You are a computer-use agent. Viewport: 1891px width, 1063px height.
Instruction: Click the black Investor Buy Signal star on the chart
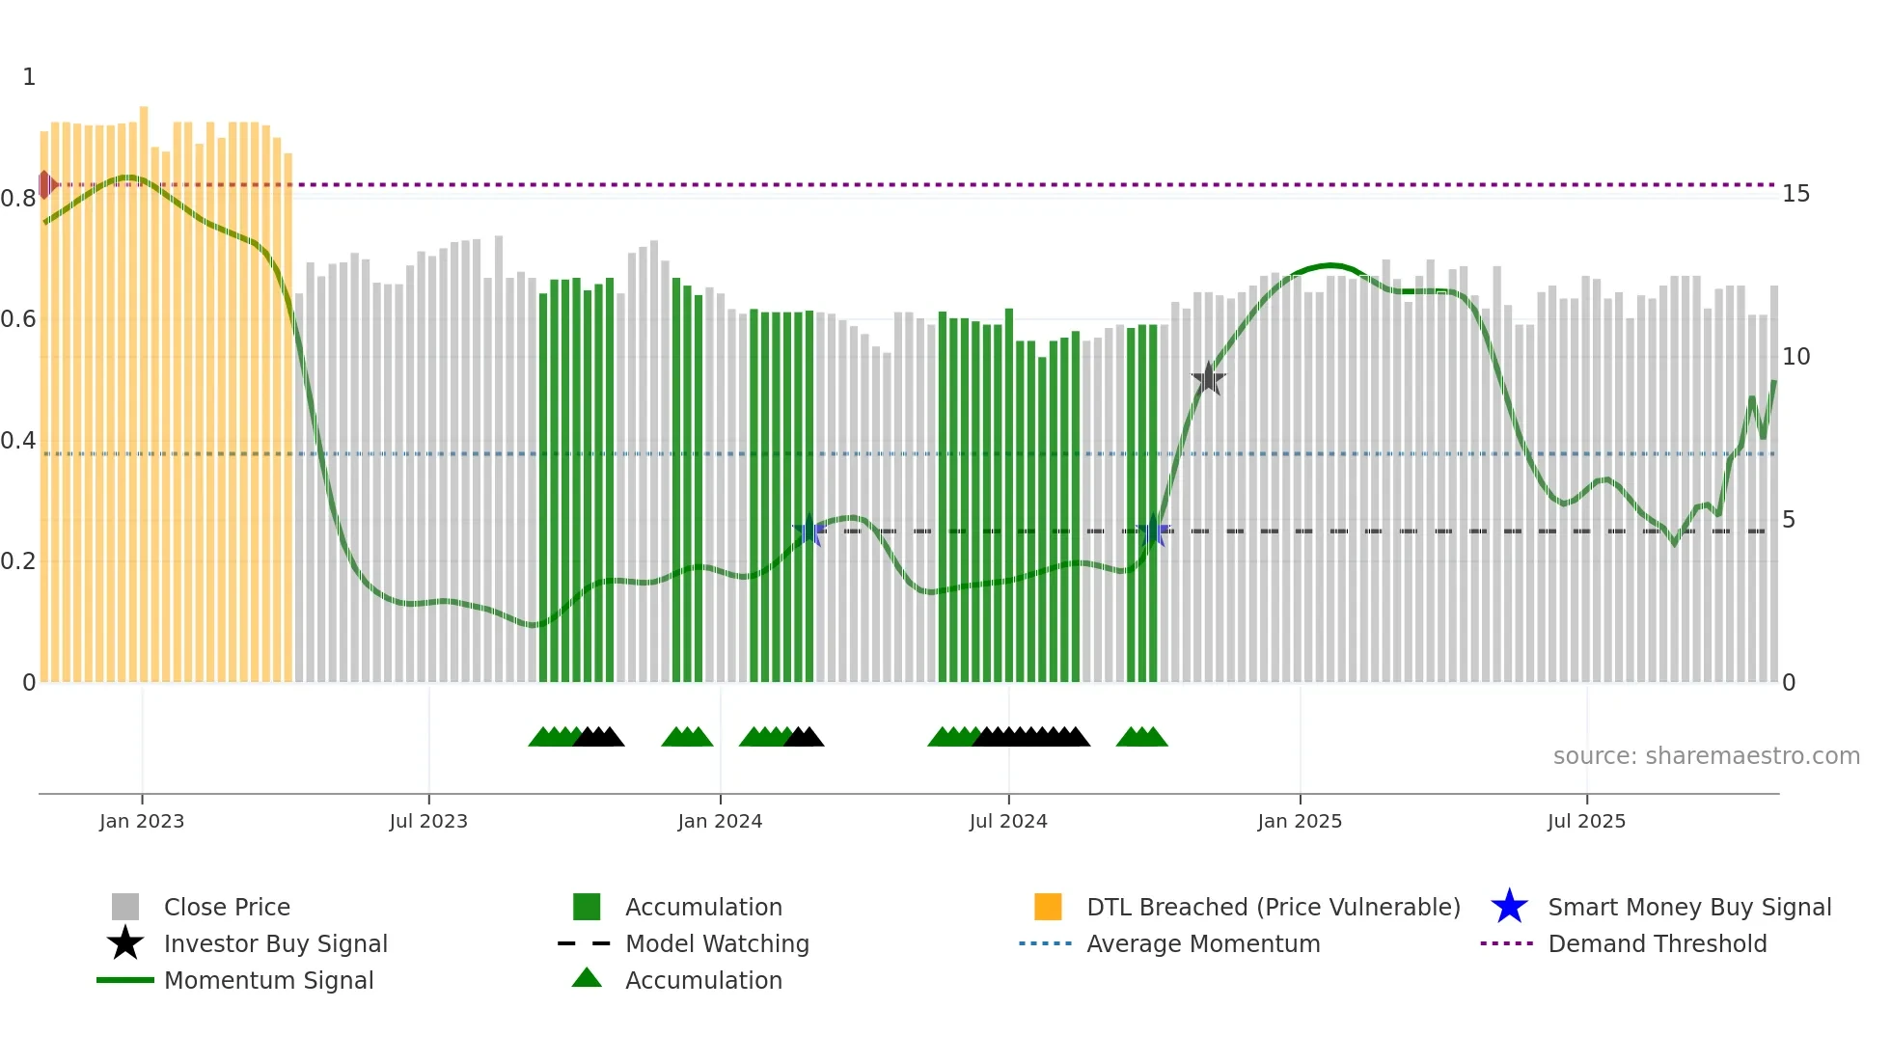tap(1208, 379)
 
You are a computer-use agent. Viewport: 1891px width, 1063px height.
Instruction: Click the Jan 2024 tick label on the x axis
tap(720, 821)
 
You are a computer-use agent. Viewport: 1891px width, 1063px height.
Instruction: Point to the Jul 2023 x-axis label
tap(428, 821)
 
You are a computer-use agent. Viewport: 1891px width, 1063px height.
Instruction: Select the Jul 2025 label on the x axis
tap(1586, 821)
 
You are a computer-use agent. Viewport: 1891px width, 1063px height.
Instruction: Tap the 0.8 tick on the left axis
tap(18, 199)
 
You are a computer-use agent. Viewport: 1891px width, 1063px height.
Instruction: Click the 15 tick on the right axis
tap(1795, 194)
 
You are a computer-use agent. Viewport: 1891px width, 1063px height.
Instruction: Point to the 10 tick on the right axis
tap(1795, 357)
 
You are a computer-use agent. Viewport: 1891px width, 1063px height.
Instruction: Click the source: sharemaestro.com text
tap(1706, 755)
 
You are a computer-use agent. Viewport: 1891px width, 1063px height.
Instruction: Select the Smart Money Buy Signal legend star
tap(1509, 907)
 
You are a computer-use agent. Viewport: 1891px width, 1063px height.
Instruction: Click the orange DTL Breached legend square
tap(1048, 907)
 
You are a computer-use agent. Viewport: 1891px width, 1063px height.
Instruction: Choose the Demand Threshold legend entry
tap(1657, 943)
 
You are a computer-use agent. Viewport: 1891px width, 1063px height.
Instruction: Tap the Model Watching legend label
tap(717, 943)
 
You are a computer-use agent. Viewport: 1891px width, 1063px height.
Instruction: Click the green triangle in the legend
tap(587, 978)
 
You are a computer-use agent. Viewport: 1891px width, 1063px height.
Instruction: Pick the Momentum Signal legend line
tap(125, 980)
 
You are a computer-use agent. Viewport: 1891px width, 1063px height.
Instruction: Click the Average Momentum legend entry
tap(1202, 943)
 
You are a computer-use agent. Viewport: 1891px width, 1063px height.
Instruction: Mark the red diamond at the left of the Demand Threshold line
tap(45, 184)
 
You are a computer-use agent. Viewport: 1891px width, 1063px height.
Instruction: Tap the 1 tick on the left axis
tap(29, 77)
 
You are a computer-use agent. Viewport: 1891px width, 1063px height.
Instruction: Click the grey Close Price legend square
tap(125, 907)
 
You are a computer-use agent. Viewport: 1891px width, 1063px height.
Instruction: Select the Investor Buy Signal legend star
tap(125, 943)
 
